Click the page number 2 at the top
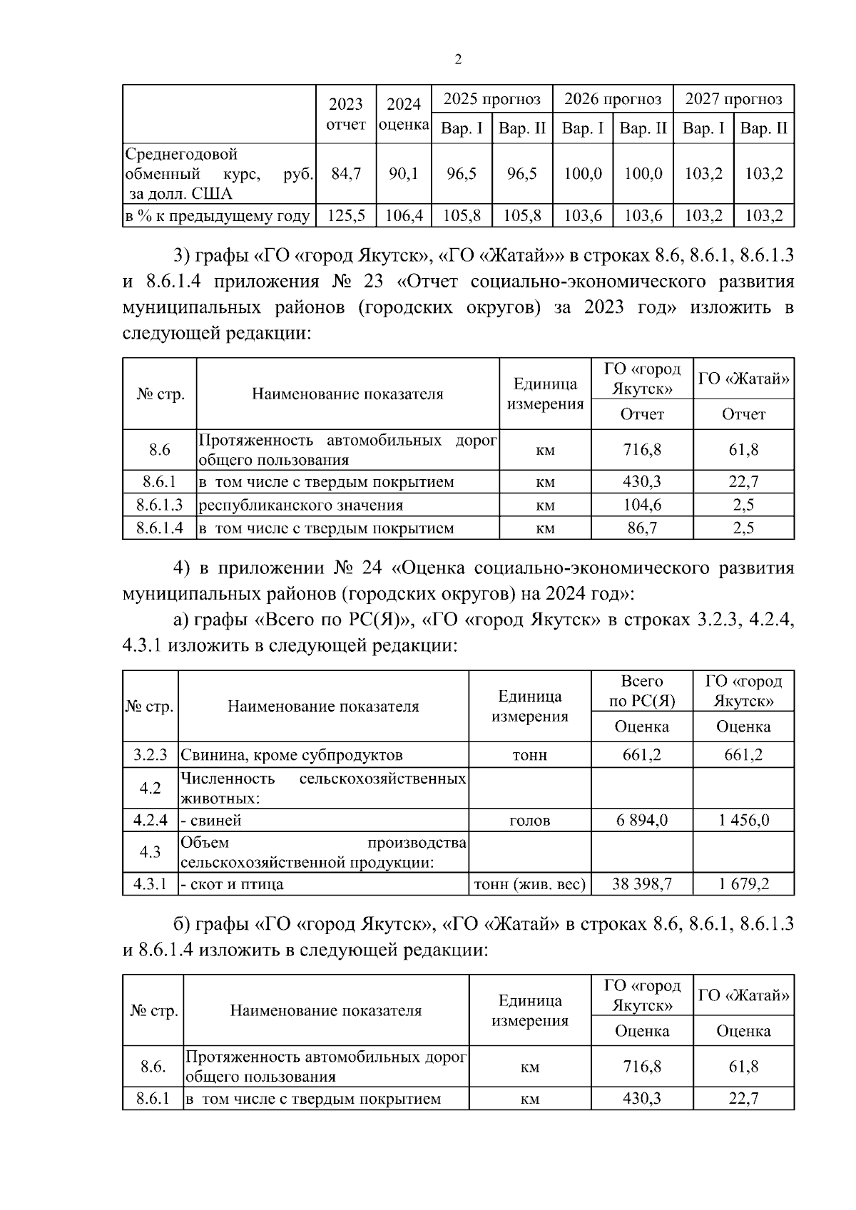[x=458, y=60]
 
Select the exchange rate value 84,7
[x=346, y=173]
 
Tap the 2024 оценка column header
[x=404, y=114]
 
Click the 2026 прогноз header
[x=613, y=98]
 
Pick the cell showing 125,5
[x=346, y=215]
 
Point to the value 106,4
[x=404, y=215]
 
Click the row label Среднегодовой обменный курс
[x=219, y=173]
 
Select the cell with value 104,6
[x=642, y=505]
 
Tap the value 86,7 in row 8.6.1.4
[x=642, y=528]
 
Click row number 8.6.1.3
[x=160, y=505]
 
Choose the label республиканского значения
[x=300, y=505]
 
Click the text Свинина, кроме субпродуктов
[x=291, y=754]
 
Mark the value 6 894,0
[x=642, y=820]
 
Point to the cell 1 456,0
[x=743, y=820]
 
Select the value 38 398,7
[x=642, y=884]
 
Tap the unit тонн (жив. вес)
[x=530, y=884]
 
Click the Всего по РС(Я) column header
[x=642, y=690]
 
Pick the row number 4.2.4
[x=151, y=820]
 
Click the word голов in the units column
[x=530, y=820]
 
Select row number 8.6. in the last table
[x=153, y=1067]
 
